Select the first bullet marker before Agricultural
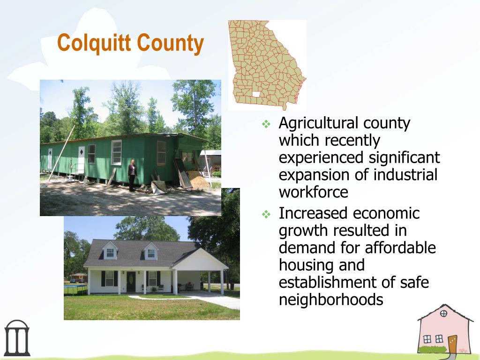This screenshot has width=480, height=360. [266, 124]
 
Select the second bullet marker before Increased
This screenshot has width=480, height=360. [266, 215]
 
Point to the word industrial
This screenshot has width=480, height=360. [405, 175]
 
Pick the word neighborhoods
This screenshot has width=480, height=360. [331, 300]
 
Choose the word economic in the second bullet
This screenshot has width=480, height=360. [386, 213]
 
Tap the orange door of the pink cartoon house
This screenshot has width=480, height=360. [452, 344]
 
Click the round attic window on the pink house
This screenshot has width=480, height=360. [443, 314]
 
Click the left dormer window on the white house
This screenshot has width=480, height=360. [110, 253]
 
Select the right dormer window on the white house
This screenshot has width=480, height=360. [151, 253]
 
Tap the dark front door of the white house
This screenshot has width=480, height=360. [131, 281]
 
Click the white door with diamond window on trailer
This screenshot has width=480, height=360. [81, 158]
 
